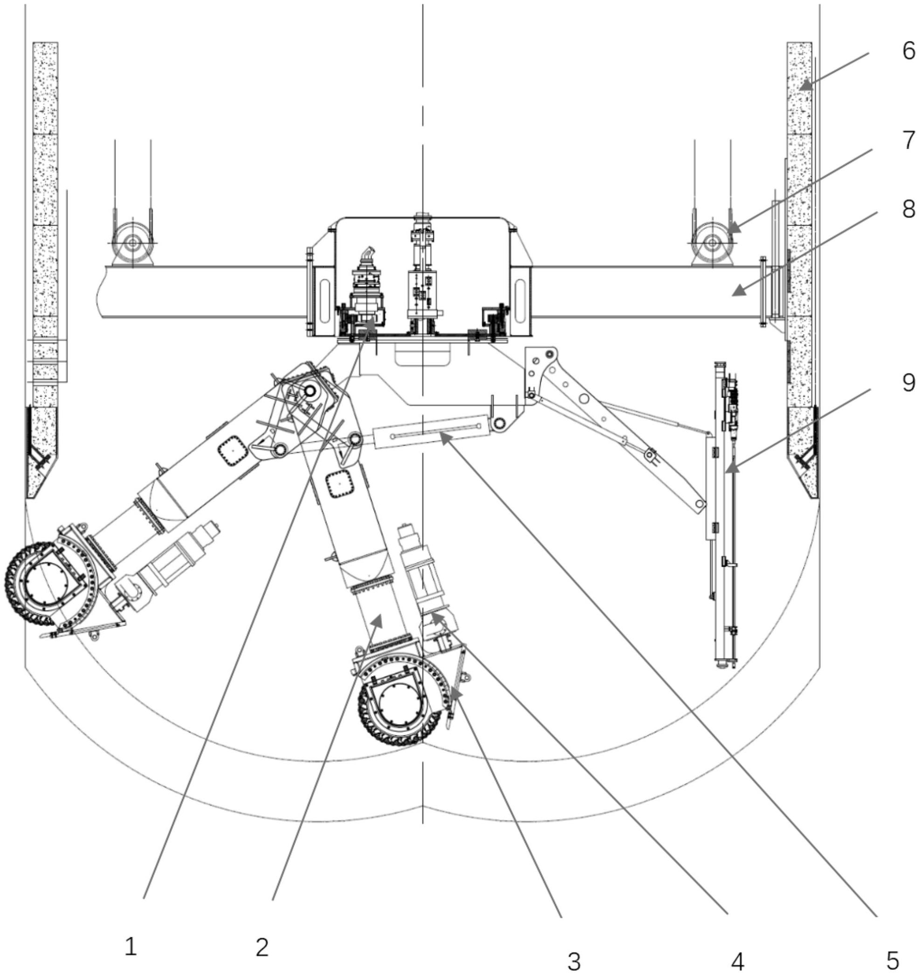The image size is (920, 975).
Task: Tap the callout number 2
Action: coord(262,947)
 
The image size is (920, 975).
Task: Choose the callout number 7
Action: coord(908,141)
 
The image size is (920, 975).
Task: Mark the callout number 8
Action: coord(908,209)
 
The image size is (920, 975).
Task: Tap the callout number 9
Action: coord(908,382)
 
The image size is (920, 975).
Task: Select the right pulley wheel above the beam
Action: coord(712,242)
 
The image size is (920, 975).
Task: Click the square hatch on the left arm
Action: coord(232,450)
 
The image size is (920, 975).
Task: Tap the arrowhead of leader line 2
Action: coord(378,620)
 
